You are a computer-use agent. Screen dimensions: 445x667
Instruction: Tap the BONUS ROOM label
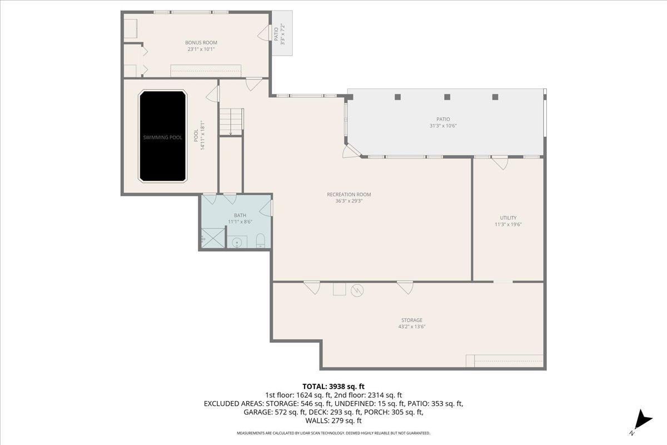pyautogui.click(x=201, y=43)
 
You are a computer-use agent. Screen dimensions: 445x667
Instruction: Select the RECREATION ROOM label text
pyautogui.click(x=349, y=195)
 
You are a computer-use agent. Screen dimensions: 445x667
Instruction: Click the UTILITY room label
pyautogui.click(x=508, y=217)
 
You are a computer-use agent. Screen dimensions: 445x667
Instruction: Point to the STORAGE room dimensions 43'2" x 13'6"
pyautogui.click(x=412, y=327)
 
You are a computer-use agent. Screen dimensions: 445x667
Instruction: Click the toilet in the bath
pyautogui.click(x=260, y=240)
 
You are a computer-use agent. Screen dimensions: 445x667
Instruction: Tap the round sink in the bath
pyautogui.click(x=237, y=242)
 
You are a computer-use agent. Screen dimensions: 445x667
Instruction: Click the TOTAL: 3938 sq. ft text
pyautogui.click(x=333, y=386)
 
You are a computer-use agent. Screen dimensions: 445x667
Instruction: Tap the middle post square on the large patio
pyautogui.click(x=447, y=97)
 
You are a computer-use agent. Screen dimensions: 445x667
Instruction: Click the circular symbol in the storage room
pyautogui.click(x=357, y=290)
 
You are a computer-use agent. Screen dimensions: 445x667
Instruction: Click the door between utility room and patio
pyautogui.click(x=499, y=162)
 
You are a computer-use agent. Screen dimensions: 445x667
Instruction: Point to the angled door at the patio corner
pyautogui.click(x=351, y=151)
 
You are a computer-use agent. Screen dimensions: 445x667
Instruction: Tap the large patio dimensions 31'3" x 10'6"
pyautogui.click(x=443, y=126)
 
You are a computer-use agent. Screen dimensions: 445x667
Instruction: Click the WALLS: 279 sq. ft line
pyautogui.click(x=333, y=421)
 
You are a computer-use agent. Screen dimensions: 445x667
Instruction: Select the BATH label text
pyautogui.click(x=240, y=215)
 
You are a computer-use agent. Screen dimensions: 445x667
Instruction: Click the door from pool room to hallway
pyautogui.click(x=212, y=93)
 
